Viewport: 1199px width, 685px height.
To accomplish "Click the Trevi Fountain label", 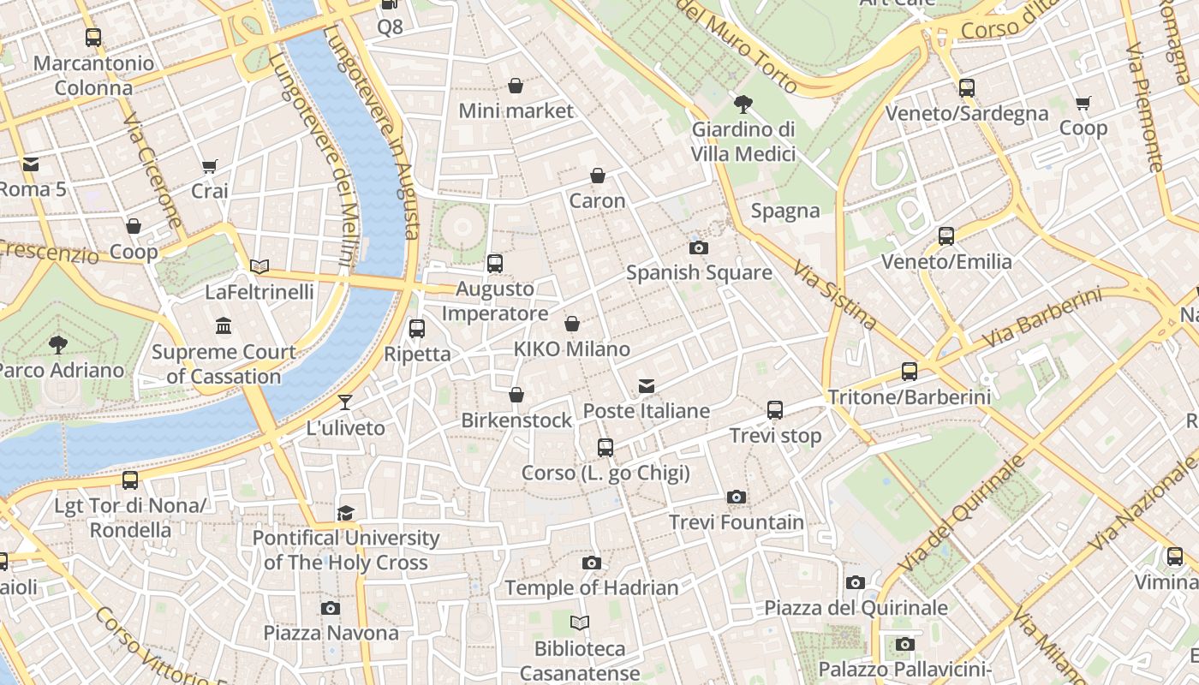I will pyautogui.click(x=736, y=522).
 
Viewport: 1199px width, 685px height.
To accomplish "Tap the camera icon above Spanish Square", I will pyautogui.click(x=699, y=248).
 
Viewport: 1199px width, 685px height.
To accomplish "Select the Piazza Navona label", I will pyautogui.click(x=331, y=633).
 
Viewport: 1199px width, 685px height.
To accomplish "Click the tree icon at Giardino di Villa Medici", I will pyautogui.click(x=743, y=104).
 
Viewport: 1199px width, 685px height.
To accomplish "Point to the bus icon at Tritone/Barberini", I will pyautogui.click(x=910, y=372).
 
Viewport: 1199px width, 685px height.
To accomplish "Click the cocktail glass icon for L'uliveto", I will pyautogui.click(x=345, y=402).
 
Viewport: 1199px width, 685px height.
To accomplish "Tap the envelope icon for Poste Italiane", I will pyautogui.click(x=647, y=386).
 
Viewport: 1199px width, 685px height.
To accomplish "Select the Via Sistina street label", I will pyautogui.click(x=834, y=295).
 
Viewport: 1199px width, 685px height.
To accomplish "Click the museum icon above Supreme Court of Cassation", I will pyautogui.click(x=224, y=326).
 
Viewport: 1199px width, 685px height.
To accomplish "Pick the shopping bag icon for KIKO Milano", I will pyautogui.click(x=572, y=324).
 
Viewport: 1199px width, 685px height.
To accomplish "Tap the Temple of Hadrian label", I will pyautogui.click(x=591, y=588).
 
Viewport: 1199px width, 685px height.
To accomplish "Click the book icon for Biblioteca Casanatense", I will pyautogui.click(x=580, y=622).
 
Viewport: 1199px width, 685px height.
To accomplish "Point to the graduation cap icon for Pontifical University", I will pyautogui.click(x=345, y=513).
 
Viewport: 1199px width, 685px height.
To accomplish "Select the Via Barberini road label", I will pyautogui.click(x=1041, y=319).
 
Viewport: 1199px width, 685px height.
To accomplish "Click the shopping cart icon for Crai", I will pyautogui.click(x=210, y=166).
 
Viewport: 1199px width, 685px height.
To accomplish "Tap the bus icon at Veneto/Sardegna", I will pyautogui.click(x=967, y=87).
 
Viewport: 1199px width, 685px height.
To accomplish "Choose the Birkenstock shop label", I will pyautogui.click(x=516, y=420).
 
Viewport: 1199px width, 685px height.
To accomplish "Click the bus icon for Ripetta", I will pyautogui.click(x=417, y=328).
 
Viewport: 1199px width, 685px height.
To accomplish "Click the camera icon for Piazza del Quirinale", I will pyautogui.click(x=855, y=583).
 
